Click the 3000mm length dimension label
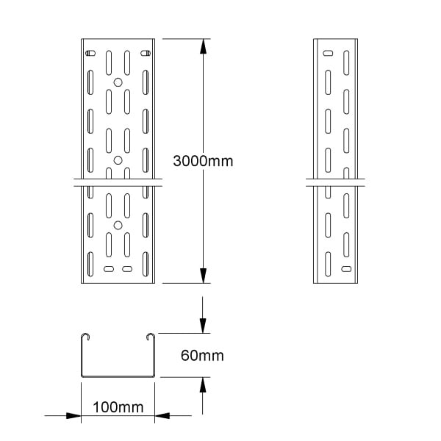(x=203, y=161)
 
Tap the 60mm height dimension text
(x=202, y=356)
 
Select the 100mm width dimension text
(x=118, y=407)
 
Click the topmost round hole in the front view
(x=118, y=82)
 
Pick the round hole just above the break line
(x=118, y=160)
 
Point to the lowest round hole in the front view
(x=118, y=226)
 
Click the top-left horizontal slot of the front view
(x=90, y=53)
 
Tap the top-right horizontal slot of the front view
(x=146, y=53)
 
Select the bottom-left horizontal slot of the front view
(x=109, y=269)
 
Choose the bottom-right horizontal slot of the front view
(x=127, y=269)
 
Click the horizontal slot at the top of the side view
(x=328, y=53)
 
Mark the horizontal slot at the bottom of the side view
(x=346, y=269)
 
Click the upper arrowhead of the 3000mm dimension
(x=203, y=46)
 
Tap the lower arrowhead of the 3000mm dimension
(x=203, y=276)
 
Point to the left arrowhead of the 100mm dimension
(x=73, y=415)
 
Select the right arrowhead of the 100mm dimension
(x=162, y=415)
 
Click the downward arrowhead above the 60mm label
(x=203, y=326)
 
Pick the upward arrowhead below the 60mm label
(x=203, y=384)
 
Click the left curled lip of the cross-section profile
(x=85, y=334)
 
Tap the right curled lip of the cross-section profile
(x=151, y=334)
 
